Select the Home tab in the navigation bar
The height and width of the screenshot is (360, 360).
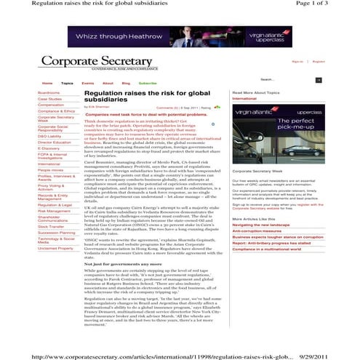(47, 84)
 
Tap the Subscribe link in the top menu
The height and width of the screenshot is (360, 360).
(148, 84)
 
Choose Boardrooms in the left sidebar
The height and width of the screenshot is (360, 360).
(49, 93)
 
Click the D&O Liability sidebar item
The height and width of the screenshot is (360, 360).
(49, 136)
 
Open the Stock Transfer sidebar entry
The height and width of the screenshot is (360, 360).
(50, 226)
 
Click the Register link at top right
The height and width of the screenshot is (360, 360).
(319, 62)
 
